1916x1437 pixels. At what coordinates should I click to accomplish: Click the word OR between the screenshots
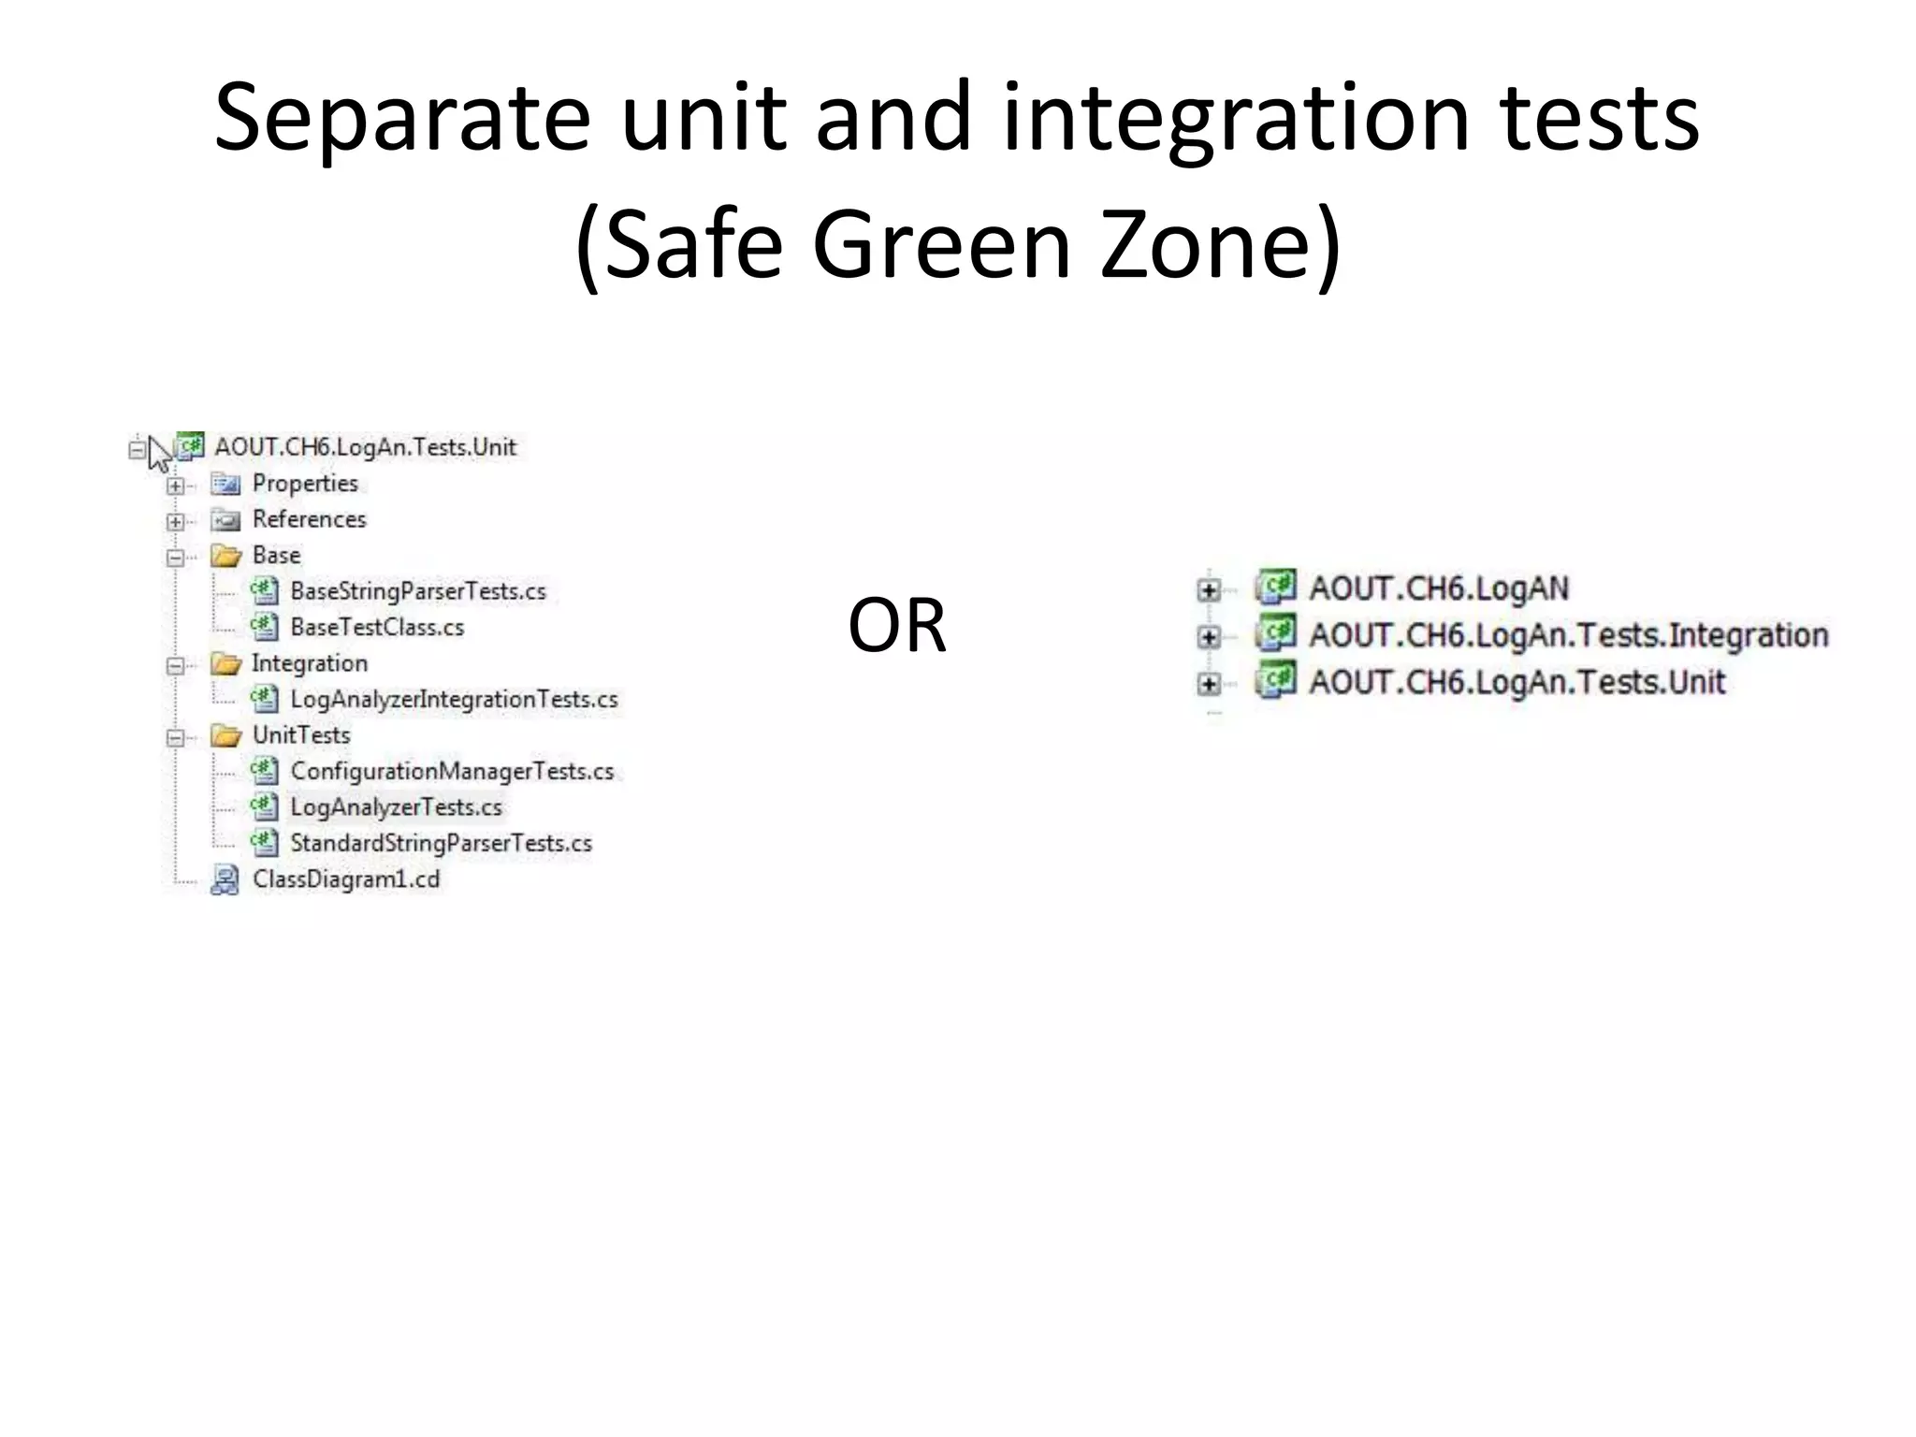click(896, 626)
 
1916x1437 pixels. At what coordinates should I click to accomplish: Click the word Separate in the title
click(402, 117)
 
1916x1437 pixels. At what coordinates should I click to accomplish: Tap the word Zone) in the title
click(1219, 245)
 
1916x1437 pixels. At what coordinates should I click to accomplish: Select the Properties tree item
click(305, 484)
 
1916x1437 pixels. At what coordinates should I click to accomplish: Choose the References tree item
click(309, 519)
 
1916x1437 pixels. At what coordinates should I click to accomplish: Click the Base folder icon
click(225, 557)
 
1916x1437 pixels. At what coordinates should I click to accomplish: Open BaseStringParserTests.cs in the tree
click(417, 591)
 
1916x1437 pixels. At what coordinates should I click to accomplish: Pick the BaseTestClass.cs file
click(377, 628)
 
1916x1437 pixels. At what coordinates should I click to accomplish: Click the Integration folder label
click(310, 663)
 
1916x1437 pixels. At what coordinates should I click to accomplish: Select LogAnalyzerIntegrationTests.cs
click(454, 700)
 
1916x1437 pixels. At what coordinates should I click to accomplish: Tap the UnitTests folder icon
click(225, 736)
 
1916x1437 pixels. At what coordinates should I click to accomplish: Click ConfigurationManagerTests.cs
click(452, 772)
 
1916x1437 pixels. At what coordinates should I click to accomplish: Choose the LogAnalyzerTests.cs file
click(396, 807)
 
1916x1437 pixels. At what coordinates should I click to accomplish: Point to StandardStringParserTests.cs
click(441, 844)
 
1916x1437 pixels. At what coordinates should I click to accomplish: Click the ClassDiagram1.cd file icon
click(225, 880)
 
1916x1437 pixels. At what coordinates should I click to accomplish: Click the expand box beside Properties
click(175, 486)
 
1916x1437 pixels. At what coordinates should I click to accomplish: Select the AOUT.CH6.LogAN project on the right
click(1438, 588)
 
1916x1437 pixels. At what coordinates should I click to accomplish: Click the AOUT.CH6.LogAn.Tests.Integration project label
click(1568, 636)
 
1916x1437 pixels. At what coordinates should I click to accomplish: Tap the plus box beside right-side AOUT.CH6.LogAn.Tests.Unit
click(1209, 685)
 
